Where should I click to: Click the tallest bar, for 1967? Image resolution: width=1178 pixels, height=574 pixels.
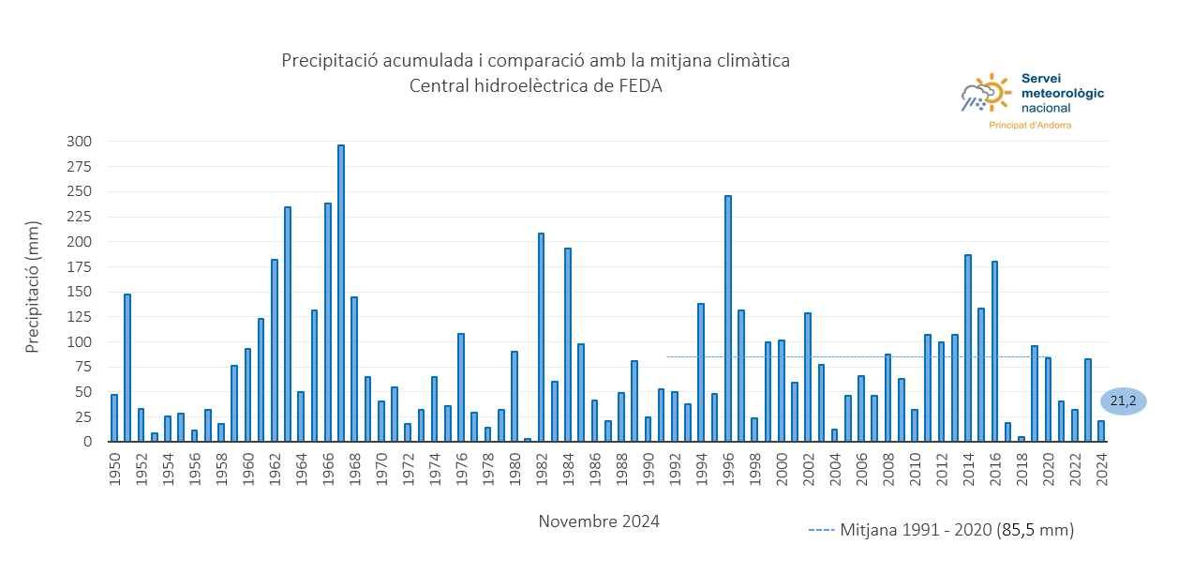341,294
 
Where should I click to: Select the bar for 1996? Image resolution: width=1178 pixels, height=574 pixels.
728,319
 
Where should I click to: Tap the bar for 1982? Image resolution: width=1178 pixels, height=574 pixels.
541,338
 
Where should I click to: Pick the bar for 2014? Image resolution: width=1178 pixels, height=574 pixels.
968,348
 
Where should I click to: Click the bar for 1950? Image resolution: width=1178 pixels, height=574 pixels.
114,418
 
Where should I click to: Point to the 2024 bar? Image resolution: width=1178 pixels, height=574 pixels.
1101,431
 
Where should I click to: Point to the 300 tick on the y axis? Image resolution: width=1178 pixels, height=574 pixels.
79,142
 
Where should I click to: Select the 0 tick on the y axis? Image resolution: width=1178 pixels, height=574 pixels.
87,442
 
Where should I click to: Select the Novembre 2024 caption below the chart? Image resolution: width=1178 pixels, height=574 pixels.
599,521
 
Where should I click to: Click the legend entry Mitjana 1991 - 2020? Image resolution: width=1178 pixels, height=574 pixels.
941,530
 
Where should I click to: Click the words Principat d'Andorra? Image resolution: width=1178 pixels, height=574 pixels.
1030,125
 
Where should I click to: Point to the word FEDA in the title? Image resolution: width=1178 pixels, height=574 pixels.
640,86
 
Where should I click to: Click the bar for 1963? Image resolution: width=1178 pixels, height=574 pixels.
288,325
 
